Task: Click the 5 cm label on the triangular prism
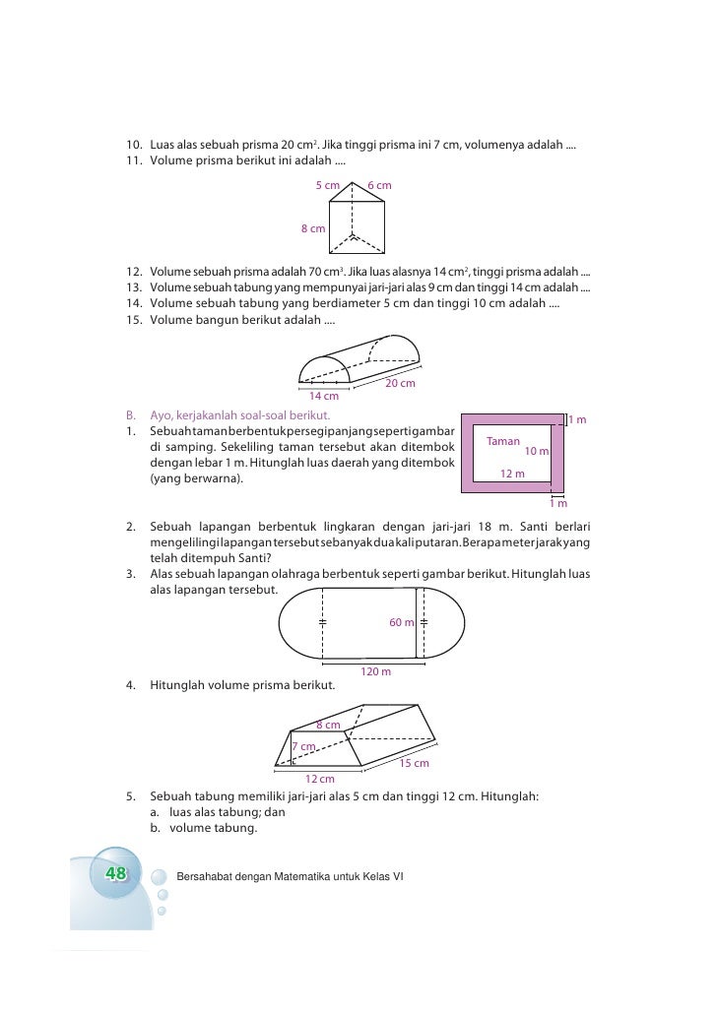(327, 185)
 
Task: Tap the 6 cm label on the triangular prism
(379, 185)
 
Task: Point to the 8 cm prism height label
(313, 228)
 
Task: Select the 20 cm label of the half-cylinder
(400, 383)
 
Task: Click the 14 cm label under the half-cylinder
(324, 397)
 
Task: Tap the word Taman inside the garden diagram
(503, 442)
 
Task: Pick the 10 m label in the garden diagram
(537, 451)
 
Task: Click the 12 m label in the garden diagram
(512, 474)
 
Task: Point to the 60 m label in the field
(402, 622)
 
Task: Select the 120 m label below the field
(375, 671)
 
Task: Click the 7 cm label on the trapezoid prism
(303, 746)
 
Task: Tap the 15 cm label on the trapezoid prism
(414, 764)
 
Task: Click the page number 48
(114, 874)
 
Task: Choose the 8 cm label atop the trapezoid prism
(328, 726)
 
